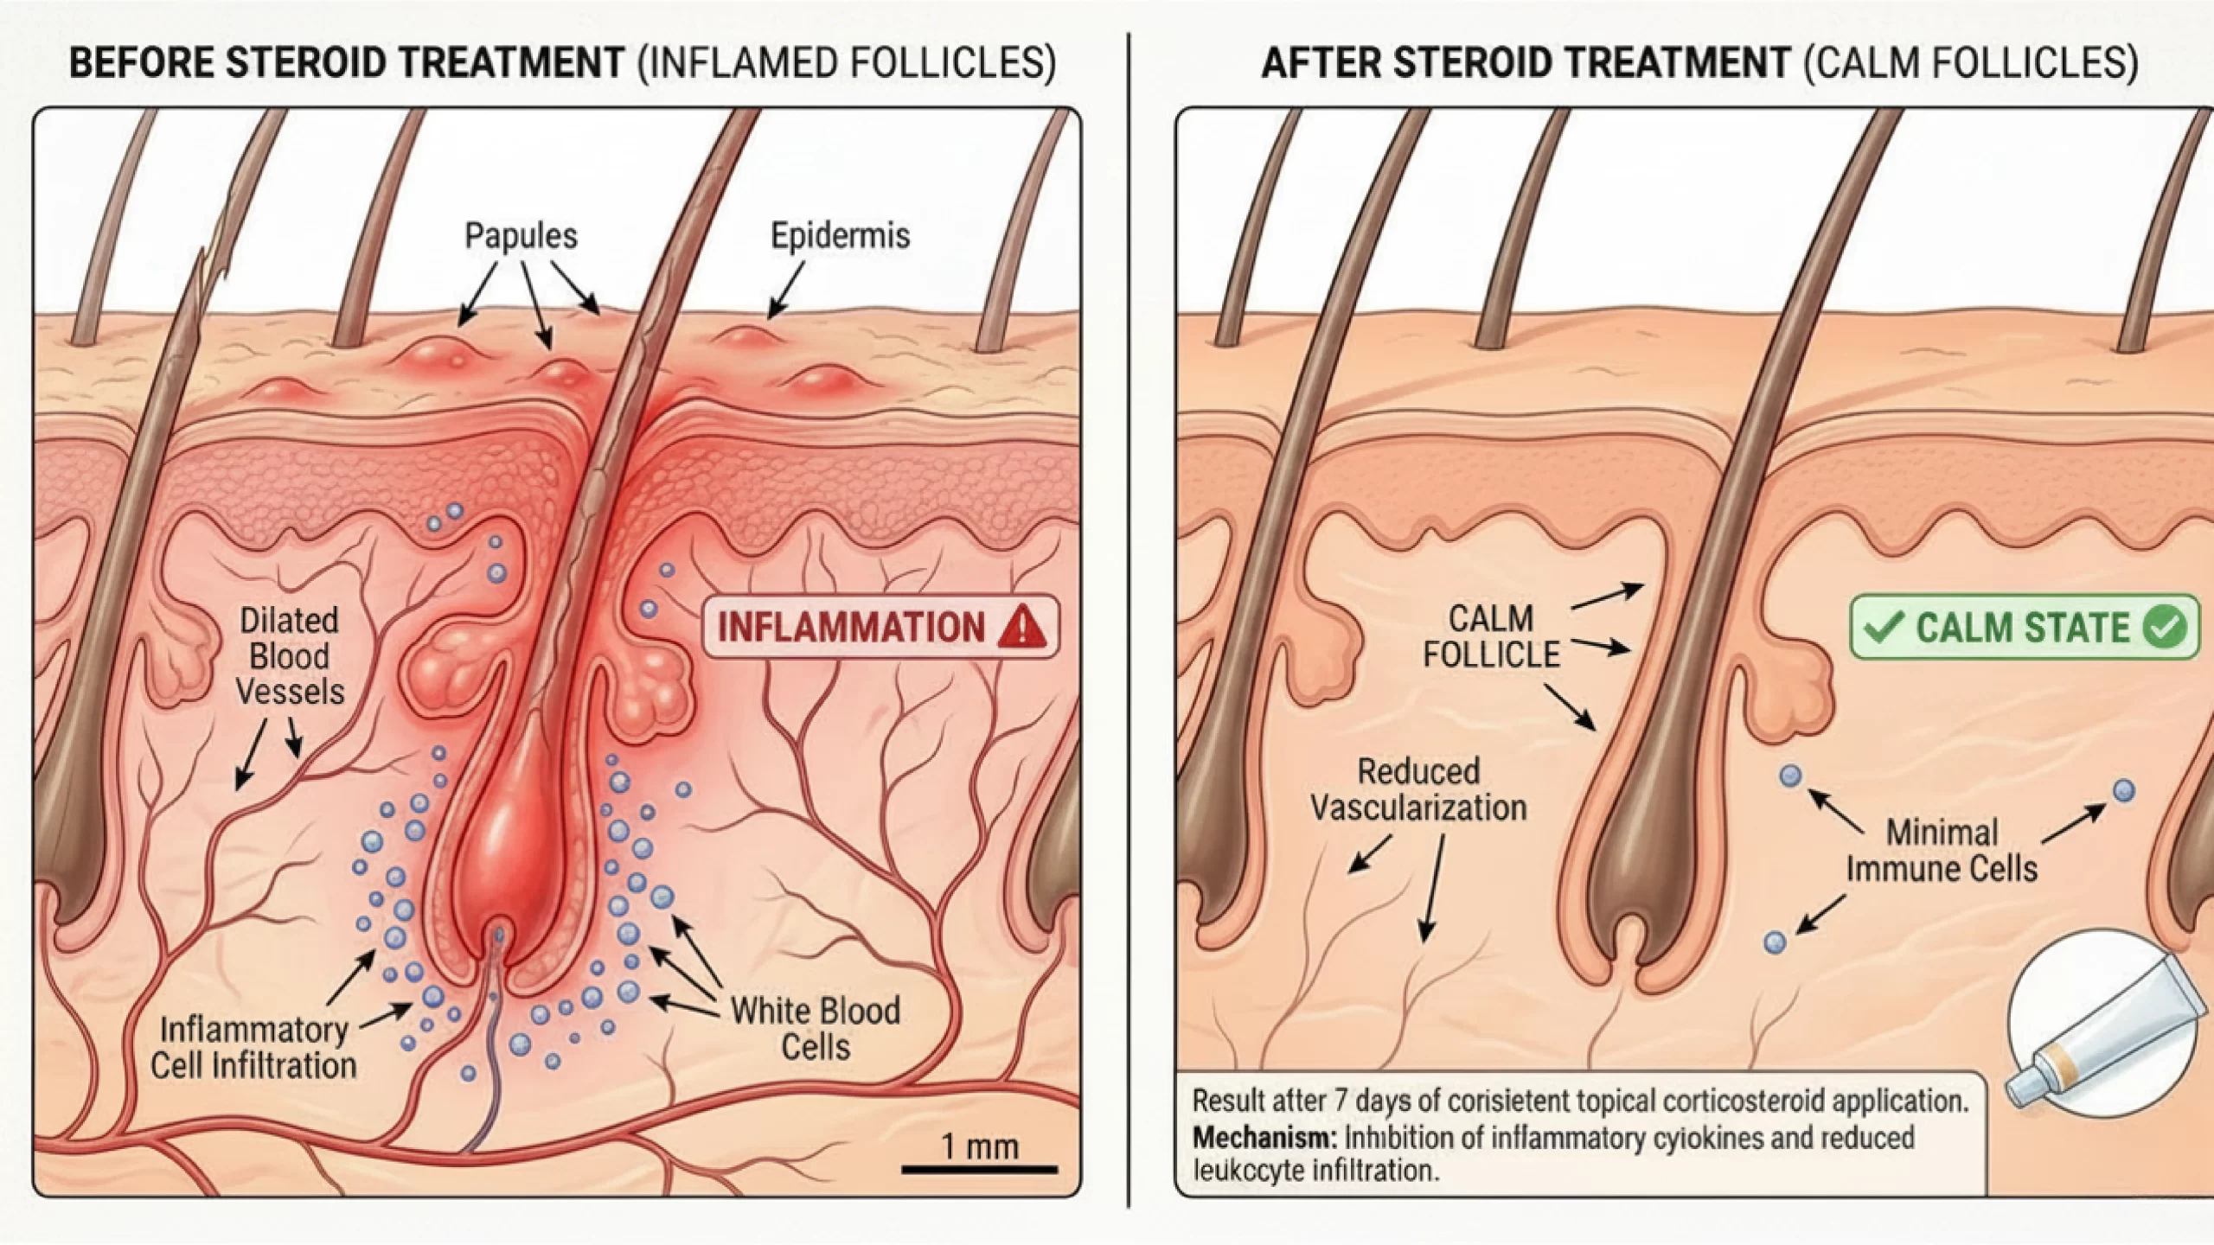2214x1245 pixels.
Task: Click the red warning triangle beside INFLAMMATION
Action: click(x=1021, y=628)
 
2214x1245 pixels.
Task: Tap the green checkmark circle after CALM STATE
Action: click(x=2164, y=628)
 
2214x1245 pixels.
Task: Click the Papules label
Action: click(x=521, y=236)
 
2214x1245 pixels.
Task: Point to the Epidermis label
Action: click(x=840, y=236)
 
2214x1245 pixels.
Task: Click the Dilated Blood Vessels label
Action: click(x=290, y=656)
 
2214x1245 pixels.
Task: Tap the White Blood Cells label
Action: click(x=815, y=1029)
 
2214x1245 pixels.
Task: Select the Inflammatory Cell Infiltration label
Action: click(x=253, y=1048)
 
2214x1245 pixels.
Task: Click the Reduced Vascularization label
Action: click(x=1418, y=790)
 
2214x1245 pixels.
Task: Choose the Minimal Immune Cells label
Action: click(x=1942, y=851)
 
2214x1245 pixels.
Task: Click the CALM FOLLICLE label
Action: click(x=1491, y=637)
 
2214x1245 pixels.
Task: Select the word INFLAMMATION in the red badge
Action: click(x=851, y=628)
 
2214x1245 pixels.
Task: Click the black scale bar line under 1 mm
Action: click(x=979, y=1170)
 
